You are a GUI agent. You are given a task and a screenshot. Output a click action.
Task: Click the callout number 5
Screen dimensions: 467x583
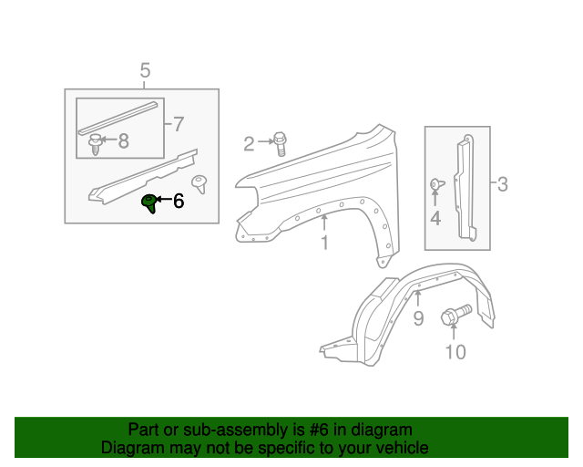[x=145, y=70]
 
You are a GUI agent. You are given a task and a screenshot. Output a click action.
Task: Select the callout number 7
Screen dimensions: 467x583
[x=178, y=123]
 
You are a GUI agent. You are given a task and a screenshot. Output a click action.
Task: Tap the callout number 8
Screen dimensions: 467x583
[x=123, y=140]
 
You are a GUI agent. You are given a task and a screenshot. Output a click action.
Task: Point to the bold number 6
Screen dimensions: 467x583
[x=179, y=201]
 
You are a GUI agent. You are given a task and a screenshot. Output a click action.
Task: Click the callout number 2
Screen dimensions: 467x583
[x=249, y=142]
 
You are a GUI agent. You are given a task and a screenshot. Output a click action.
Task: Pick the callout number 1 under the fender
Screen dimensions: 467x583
[x=323, y=243]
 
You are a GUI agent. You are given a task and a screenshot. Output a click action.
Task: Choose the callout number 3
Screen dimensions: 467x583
[x=502, y=185]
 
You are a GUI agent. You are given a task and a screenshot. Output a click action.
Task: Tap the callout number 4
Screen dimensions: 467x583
[x=435, y=218]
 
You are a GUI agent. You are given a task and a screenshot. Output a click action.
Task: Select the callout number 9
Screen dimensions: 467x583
[x=418, y=317]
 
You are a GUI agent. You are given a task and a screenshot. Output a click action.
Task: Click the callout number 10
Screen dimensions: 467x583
[x=454, y=352]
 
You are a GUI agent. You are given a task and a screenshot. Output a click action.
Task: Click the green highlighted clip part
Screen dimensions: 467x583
[x=149, y=203]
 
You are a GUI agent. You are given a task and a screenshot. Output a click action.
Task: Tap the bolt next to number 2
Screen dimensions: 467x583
[x=280, y=141]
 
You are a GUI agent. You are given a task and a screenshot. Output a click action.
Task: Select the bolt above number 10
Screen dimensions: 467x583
[x=453, y=317]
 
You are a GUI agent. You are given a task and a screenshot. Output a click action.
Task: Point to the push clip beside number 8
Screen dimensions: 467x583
[x=95, y=143]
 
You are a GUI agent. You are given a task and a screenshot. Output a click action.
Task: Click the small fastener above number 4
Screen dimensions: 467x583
[x=435, y=185]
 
